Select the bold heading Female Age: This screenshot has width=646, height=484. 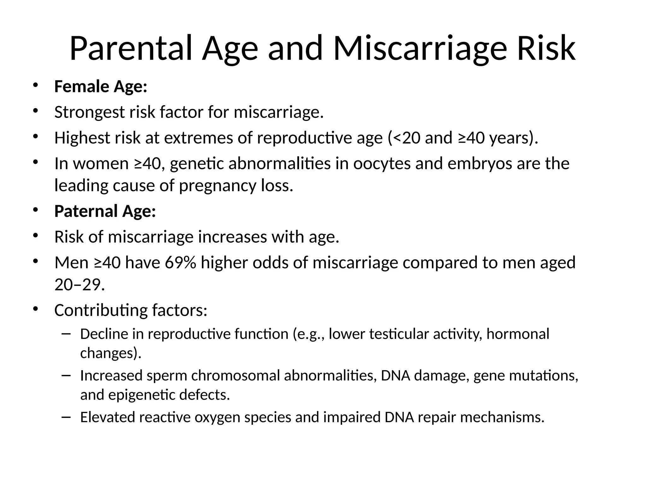pyautogui.click(x=101, y=87)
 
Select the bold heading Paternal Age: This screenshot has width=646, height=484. pyautogui.click(x=105, y=211)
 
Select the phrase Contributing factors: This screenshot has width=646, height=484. pyautogui.click(x=131, y=310)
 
